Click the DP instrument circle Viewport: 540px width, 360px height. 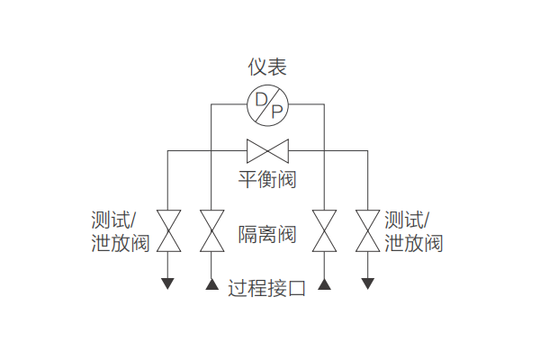267,104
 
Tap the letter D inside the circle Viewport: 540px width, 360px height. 260,98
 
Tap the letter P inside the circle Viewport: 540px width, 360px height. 275,112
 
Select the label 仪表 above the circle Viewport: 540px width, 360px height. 268,67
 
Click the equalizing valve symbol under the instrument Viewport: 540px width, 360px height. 267,149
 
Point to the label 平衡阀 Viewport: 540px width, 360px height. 267,179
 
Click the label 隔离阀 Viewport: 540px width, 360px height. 267,236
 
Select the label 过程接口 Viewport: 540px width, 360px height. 267,289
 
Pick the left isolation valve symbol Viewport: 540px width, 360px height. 211,231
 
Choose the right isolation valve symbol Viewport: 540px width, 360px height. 323,231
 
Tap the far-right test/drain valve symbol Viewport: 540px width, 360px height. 367,231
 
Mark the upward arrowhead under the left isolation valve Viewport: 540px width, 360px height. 211,284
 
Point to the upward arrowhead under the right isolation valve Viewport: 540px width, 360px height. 323,284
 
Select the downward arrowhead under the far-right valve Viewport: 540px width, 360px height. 367,283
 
